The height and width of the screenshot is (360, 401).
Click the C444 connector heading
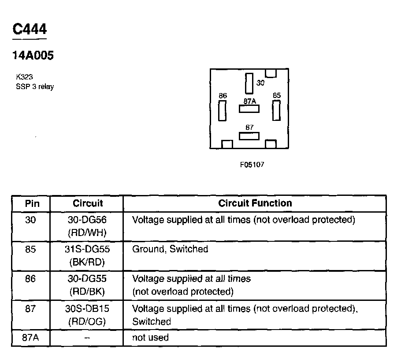pos(30,30)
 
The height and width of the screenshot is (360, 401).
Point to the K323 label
pos(24,77)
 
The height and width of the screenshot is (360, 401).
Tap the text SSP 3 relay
pos(35,86)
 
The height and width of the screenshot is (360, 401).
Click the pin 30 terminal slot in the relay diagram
pos(249,83)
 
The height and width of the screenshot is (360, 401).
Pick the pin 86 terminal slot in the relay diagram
pos(223,110)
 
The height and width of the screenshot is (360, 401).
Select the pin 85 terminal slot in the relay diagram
pos(276,110)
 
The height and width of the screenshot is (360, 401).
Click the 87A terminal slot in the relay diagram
pos(249,109)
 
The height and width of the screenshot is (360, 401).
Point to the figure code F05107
pos(252,165)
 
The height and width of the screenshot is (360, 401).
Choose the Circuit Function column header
pos(255,203)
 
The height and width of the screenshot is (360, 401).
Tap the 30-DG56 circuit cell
pos(87,219)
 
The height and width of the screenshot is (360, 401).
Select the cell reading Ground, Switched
pos(170,249)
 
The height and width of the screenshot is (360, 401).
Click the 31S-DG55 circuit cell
pos(87,249)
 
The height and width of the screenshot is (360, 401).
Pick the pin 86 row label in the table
pos(31,279)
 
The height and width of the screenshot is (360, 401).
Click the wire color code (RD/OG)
pos(87,322)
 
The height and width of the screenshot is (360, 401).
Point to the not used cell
pos(150,338)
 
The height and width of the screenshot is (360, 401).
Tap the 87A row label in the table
pos(31,338)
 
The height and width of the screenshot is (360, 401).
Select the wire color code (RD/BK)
pos(87,292)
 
